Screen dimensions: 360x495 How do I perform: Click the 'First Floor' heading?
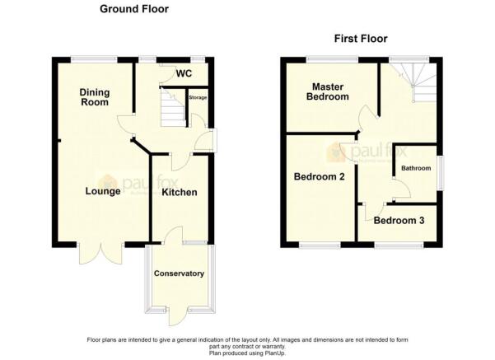coord(360,39)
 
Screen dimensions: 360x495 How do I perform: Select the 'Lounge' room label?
coord(103,191)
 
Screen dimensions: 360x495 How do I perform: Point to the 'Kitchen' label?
coord(179,192)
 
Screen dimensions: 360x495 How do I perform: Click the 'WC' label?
coord(184,73)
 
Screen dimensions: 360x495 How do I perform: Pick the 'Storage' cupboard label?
coord(198,98)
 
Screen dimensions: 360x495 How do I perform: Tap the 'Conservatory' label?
coord(179,273)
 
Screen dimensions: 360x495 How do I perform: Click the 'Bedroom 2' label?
coord(319,175)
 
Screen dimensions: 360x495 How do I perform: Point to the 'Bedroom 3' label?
coord(399,221)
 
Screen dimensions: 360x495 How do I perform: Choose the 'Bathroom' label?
coord(416,168)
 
